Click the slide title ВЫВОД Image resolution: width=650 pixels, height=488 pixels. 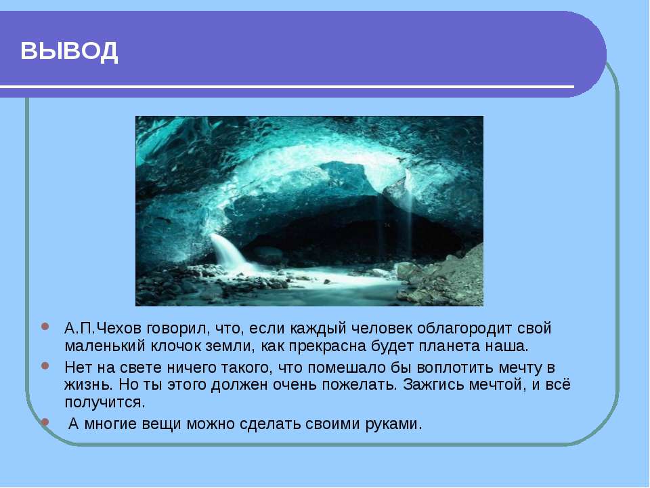(69, 52)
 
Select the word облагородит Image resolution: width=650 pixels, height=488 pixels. (464, 329)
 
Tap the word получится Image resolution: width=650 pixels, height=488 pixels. (105, 402)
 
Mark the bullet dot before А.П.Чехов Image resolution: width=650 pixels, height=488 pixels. (45, 326)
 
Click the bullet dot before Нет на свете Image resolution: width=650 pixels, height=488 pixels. (45, 366)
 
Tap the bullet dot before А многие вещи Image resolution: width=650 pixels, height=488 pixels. (45, 422)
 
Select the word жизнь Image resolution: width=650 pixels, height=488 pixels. (88, 385)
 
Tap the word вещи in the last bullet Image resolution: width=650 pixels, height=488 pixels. (161, 424)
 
